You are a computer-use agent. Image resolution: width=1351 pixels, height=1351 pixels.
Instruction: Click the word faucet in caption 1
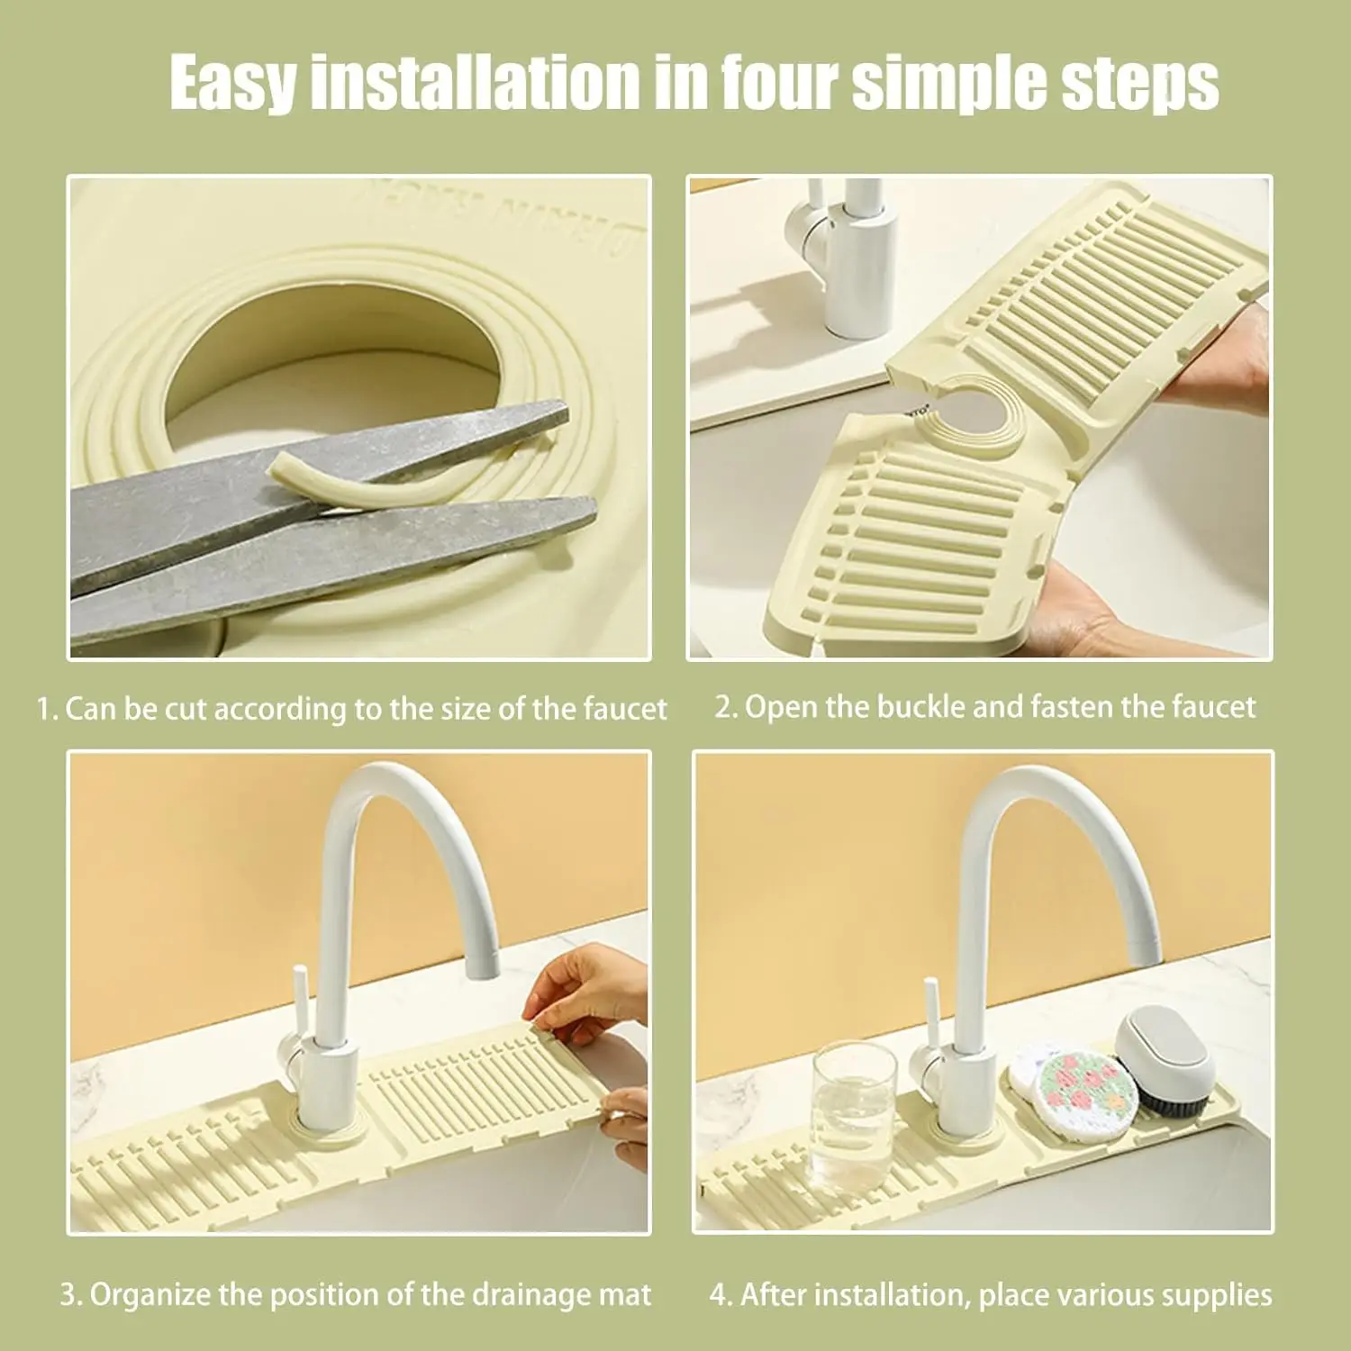(x=624, y=710)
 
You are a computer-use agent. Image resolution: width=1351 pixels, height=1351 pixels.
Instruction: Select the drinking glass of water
(x=853, y=1117)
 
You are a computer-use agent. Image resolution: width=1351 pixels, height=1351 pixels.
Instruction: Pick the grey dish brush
(x=1162, y=1058)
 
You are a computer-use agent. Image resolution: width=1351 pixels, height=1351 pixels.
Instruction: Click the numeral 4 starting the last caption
(x=718, y=1296)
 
